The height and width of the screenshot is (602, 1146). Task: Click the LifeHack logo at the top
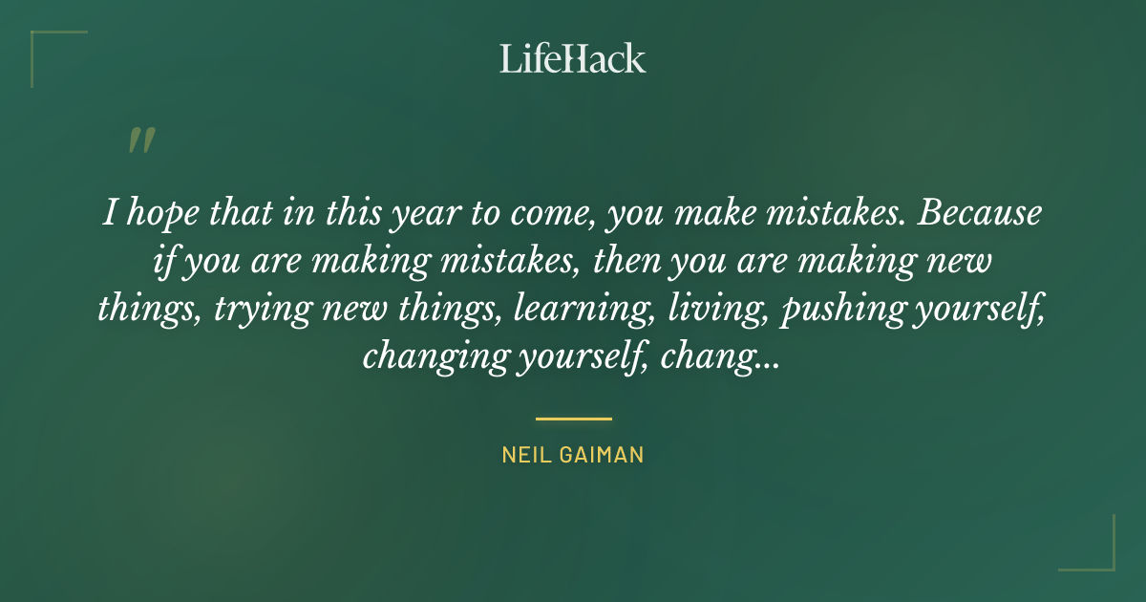(x=573, y=58)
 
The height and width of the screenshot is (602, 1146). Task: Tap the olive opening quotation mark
(x=140, y=140)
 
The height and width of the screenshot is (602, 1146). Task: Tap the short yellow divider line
(x=573, y=419)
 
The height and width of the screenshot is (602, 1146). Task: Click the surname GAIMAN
(x=603, y=456)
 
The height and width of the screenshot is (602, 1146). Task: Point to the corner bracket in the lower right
(x=1099, y=555)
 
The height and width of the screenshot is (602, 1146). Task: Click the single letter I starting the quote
(x=108, y=213)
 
